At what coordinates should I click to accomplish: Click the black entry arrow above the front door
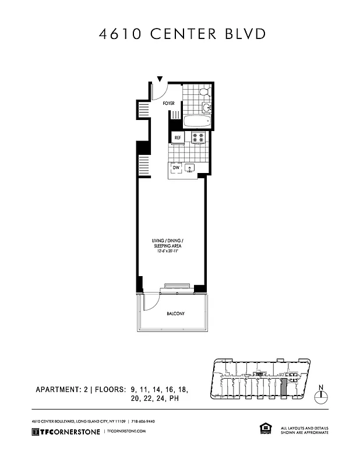point(160,79)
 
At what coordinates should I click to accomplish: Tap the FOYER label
point(168,103)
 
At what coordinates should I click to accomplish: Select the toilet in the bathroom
point(204,91)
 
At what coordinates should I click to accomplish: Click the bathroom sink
point(207,107)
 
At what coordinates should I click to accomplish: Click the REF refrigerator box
point(178,138)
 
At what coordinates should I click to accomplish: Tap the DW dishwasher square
point(175,168)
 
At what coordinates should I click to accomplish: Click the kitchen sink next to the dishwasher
point(190,168)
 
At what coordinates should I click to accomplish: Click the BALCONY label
point(175,314)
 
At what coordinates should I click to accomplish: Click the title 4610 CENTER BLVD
point(182,34)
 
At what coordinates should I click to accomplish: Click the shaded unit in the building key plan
point(284,388)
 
